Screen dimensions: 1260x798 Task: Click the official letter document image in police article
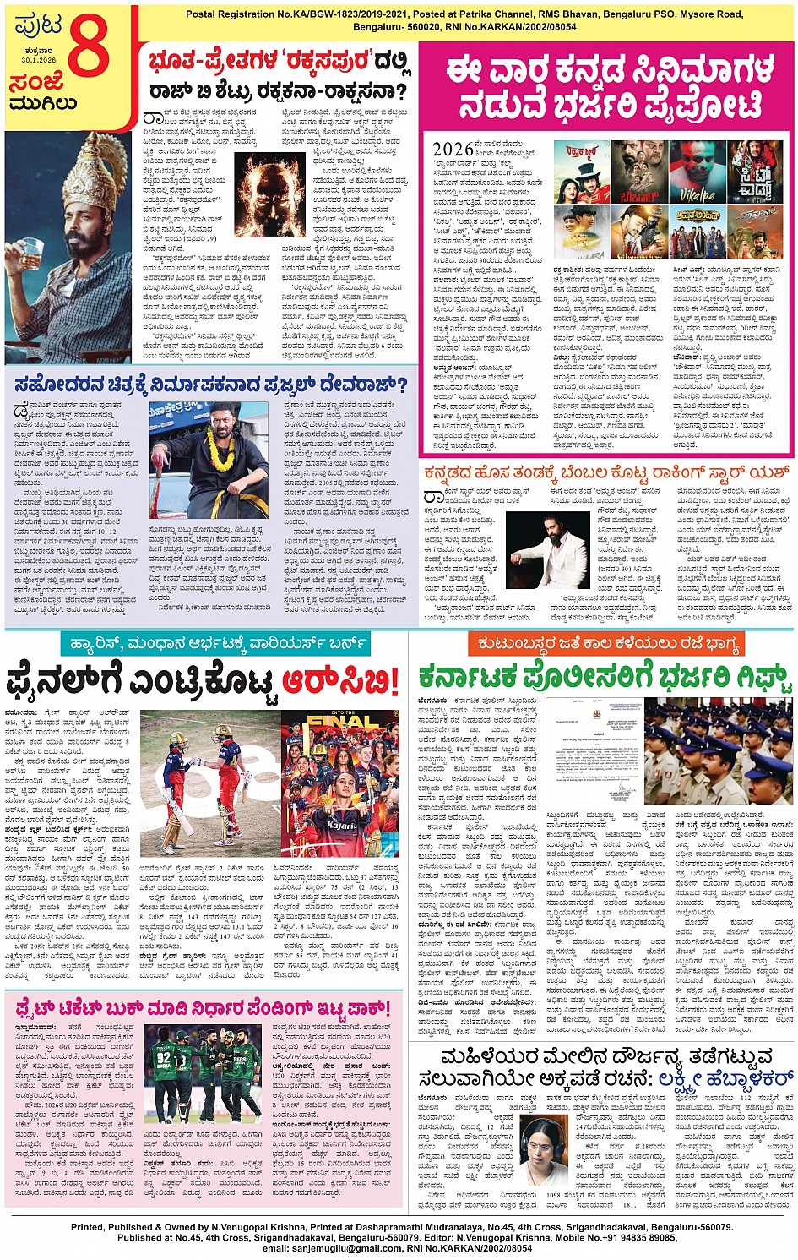[593, 752]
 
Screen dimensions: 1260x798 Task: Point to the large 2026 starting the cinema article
[453, 150]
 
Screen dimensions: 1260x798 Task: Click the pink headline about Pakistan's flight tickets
[203, 1007]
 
